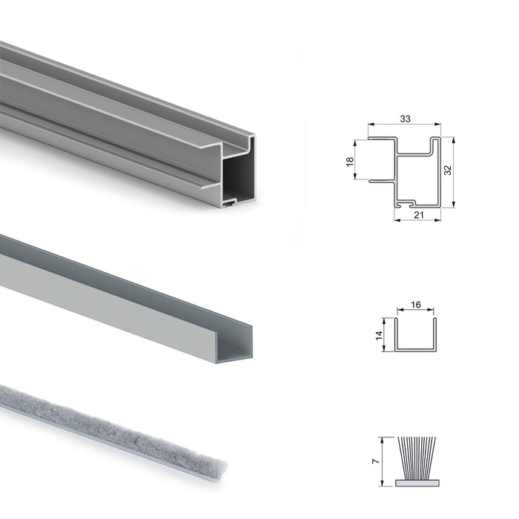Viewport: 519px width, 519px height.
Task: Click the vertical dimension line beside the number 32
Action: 452,170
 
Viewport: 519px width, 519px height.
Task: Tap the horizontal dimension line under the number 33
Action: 405,125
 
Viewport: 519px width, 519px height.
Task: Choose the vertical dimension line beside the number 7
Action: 383,460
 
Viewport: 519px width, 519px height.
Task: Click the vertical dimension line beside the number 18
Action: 358,159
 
